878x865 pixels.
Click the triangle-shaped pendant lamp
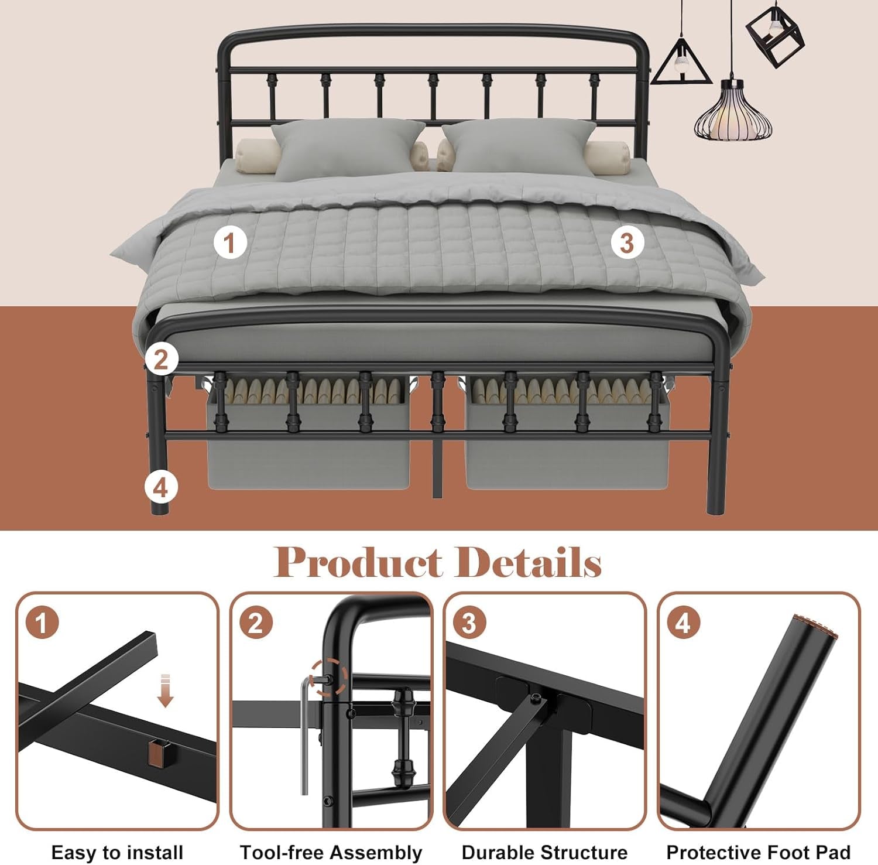(x=681, y=63)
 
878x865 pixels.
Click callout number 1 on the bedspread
(x=229, y=242)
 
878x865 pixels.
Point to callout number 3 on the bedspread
(x=627, y=242)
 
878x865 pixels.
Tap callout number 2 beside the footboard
(x=162, y=358)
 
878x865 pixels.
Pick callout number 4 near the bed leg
(x=161, y=487)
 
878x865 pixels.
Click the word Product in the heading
(x=358, y=562)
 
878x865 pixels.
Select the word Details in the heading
(x=529, y=562)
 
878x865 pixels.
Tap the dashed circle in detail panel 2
(x=328, y=678)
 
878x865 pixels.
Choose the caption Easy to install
(x=117, y=852)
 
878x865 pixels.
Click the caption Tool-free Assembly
(x=331, y=852)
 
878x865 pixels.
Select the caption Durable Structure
(x=544, y=852)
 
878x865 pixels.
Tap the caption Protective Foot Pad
(x=759, y=852)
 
